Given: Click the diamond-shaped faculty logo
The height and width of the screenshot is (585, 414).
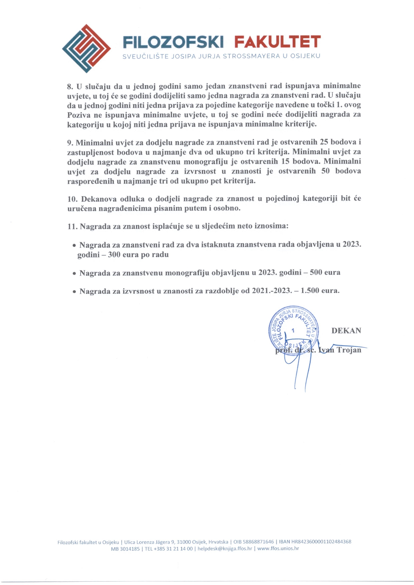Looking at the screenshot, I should pos(86,49).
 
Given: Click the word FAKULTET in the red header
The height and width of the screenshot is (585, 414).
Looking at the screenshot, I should pos(277,42).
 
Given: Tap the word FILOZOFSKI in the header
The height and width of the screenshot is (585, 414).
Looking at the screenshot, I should pos(173,42).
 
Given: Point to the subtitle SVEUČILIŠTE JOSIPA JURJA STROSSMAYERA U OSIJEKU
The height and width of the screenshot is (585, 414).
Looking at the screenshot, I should pos(221,56).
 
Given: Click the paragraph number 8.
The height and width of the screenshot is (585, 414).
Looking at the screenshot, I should pos(70,86).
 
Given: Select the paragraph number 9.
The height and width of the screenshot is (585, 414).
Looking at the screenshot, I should pos(70,143).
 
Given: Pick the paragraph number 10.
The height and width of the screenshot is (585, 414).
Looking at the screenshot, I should pos(72,199).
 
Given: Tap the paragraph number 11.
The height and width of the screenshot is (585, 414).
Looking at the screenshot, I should pos(72,227).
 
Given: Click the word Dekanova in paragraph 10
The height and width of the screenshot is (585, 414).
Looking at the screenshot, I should pos(99,199).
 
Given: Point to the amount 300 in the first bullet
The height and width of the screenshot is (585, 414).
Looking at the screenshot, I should pos(114,255).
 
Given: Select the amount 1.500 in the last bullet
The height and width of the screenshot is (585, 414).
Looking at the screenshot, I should pos(310,291).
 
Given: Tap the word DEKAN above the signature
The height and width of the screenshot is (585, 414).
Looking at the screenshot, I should pos(346,331).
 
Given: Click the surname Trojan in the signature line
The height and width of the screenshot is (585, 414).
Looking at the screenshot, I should pos(349,350).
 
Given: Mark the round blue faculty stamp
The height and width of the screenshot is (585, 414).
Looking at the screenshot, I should pos(293,330).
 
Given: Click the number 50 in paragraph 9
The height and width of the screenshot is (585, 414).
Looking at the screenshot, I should pos(325,171).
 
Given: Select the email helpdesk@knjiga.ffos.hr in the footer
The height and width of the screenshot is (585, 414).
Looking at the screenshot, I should pos(225,549).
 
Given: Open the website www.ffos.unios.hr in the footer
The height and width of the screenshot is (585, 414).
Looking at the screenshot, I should pos(278,549).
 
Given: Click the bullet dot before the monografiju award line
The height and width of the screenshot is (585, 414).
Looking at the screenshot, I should pos(74,273).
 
